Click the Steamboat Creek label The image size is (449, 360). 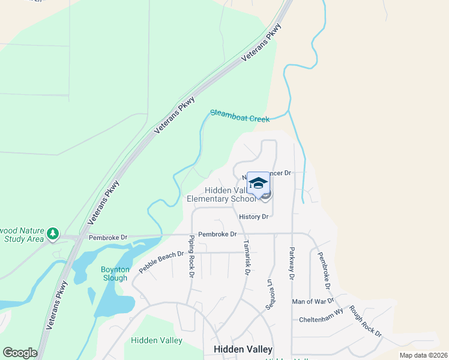[240, 116]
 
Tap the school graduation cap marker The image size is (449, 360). [258, 183]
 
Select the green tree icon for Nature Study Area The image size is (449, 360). [53, 233]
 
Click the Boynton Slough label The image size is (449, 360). [115, 274]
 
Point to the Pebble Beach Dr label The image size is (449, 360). [161, 262]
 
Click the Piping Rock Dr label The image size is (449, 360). [191, 256]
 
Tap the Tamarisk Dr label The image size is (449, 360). [246, 257]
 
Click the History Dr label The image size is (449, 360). [253, 217]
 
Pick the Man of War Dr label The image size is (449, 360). [311, 301]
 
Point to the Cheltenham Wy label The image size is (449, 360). [321, 320]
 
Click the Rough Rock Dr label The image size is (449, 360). [365, 322]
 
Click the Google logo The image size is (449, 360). [20, 353]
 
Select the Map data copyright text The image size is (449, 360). [423, 355]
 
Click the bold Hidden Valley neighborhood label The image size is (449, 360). [243, 349]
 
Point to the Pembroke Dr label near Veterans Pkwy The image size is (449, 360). [108, 238]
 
